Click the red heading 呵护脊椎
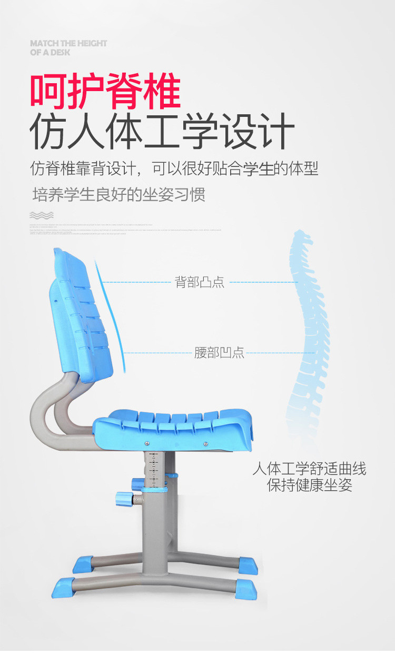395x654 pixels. click(x=105, y=92)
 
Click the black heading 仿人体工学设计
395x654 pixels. click(x=161, y=132)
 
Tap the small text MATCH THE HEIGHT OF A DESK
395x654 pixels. click(x=68, y=47)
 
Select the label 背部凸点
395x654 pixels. click(x=200, y=282)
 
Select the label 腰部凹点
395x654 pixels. click(x=219, y=353)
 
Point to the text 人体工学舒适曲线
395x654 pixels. click(x=309, y=468)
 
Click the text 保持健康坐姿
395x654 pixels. click(x=309, y=485)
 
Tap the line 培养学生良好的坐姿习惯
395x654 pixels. click(x=118, y=194)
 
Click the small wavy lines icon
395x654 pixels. click(x=42, y=215)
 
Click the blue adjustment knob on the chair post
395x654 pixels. click(x=125, y=497)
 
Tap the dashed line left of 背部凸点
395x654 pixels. click(x=137, y=282)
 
